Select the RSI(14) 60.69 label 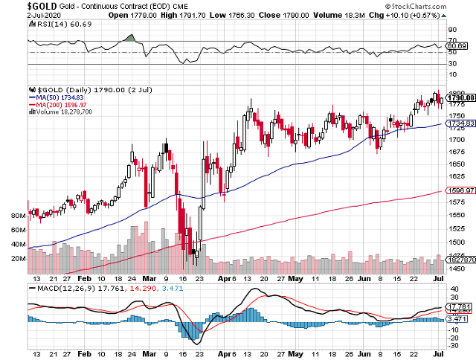(x=53, y=25)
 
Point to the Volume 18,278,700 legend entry (x=63, y=112)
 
